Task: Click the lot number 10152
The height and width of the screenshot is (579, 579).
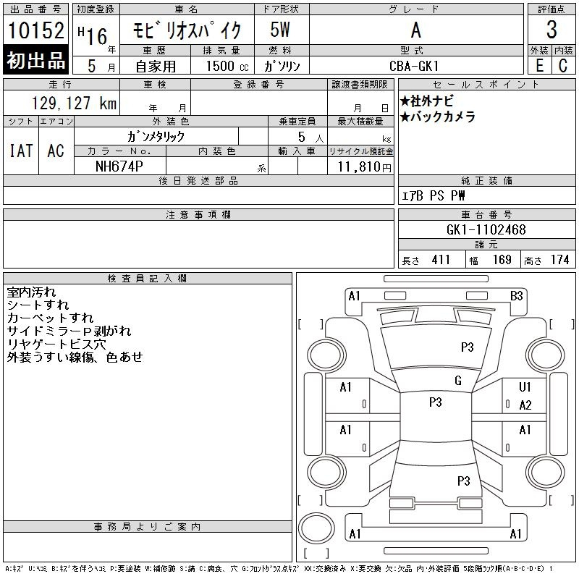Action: pyautogui.click(x=35, y=30)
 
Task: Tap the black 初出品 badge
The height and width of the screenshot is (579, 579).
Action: pyautogui.click(x=35, y=60)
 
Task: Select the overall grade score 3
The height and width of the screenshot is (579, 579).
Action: pyautogui.click(x=551, y=30)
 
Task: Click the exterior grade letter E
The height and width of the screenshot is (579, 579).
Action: pyautogui.click(x=539, y=66)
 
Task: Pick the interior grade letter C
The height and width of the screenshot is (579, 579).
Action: pyautogui.click(x=563, y=66)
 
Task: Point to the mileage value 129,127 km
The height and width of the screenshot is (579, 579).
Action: pyautogui.click(x=74, y=103)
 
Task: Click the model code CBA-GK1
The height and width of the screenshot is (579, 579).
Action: pyautogui.click(x=414, y=66)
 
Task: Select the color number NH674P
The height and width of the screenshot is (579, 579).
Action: pyautogui.click(x=119, y=166)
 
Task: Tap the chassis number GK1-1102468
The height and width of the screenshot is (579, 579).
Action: pyautogui.click(x=486, y=229)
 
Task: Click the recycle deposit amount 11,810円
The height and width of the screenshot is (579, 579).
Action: pyautogui.click(x=365, y=167)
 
